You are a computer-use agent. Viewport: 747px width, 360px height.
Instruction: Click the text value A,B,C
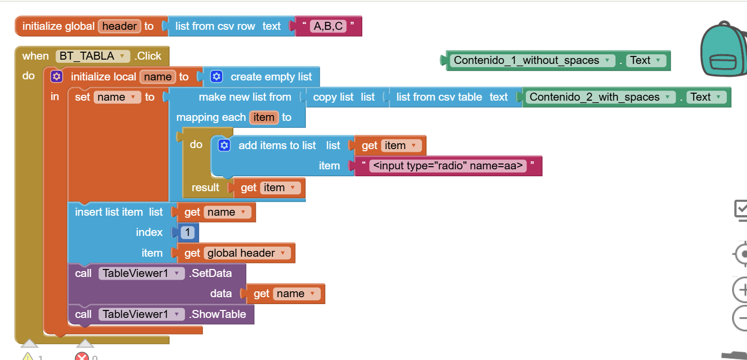coord(328,26)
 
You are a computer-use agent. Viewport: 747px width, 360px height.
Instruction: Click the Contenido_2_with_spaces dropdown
coord(600,97)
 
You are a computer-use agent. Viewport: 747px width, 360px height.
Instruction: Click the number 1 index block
coord(188,233)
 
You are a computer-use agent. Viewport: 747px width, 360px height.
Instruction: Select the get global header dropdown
coord(247,253)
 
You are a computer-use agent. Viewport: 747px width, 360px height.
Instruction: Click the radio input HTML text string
coord(448,166)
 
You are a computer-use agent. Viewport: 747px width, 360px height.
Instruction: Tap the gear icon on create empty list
coord(216,77)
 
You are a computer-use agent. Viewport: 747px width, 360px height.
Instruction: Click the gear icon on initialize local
coord(56,77)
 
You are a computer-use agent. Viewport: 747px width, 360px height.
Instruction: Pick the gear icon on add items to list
coord(224,145)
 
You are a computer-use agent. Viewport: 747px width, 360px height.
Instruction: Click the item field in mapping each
coord(264,117)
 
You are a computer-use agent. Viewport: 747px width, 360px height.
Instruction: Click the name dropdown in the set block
coord(117,97)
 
